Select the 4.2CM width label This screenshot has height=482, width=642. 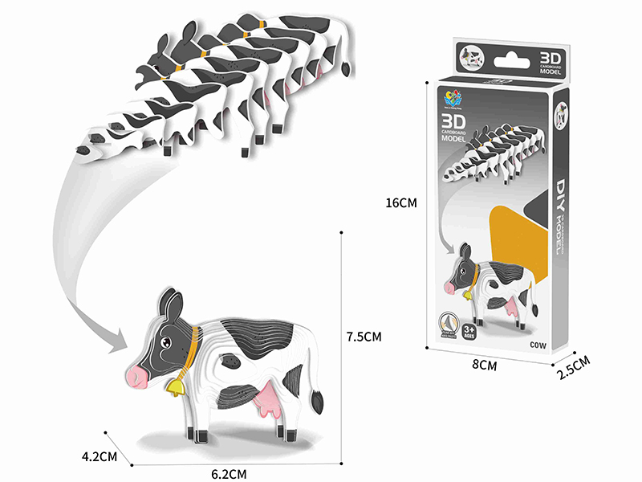100,457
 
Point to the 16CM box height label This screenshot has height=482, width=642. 401,203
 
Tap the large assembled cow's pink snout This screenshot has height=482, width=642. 137,375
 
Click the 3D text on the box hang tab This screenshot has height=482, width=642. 549,59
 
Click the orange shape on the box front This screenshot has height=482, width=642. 514,233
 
